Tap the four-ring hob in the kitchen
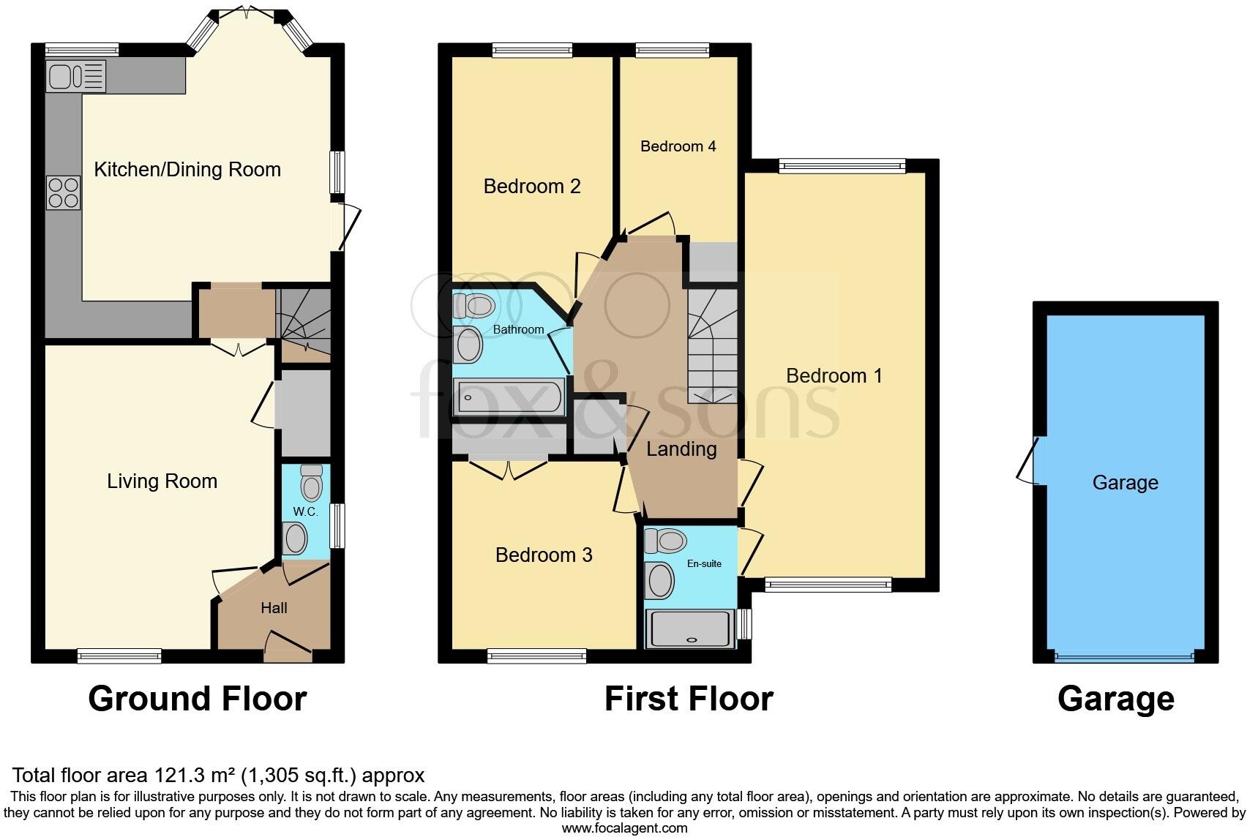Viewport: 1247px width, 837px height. pos(63,192)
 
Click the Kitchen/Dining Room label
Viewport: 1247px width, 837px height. pos(187,170)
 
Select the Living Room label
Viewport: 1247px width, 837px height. pos(162,481)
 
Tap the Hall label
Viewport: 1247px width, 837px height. pos(274,608)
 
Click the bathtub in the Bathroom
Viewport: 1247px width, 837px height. pos(510,399)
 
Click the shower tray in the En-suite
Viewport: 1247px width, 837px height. pos(690,629)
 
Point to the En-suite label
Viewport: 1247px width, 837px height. pos(704,563)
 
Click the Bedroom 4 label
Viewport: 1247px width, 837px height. pos(678,146)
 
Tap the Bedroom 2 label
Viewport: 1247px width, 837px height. pos(532,187)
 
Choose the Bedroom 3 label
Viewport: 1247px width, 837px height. pos(544,555)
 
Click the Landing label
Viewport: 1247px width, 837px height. pos(681,449)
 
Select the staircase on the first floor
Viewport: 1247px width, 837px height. pos(711,344)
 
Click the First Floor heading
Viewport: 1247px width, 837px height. pos(688,699)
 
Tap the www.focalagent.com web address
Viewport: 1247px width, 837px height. pos(624,828)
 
